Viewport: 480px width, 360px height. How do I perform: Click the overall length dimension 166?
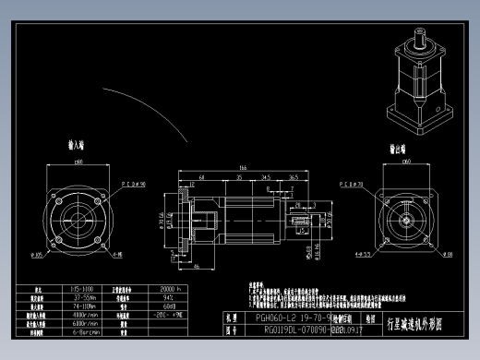pyautogui.click(x=243, y=167)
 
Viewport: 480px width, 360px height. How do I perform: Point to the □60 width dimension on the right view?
pyautogui.click(x=407, y=162)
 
